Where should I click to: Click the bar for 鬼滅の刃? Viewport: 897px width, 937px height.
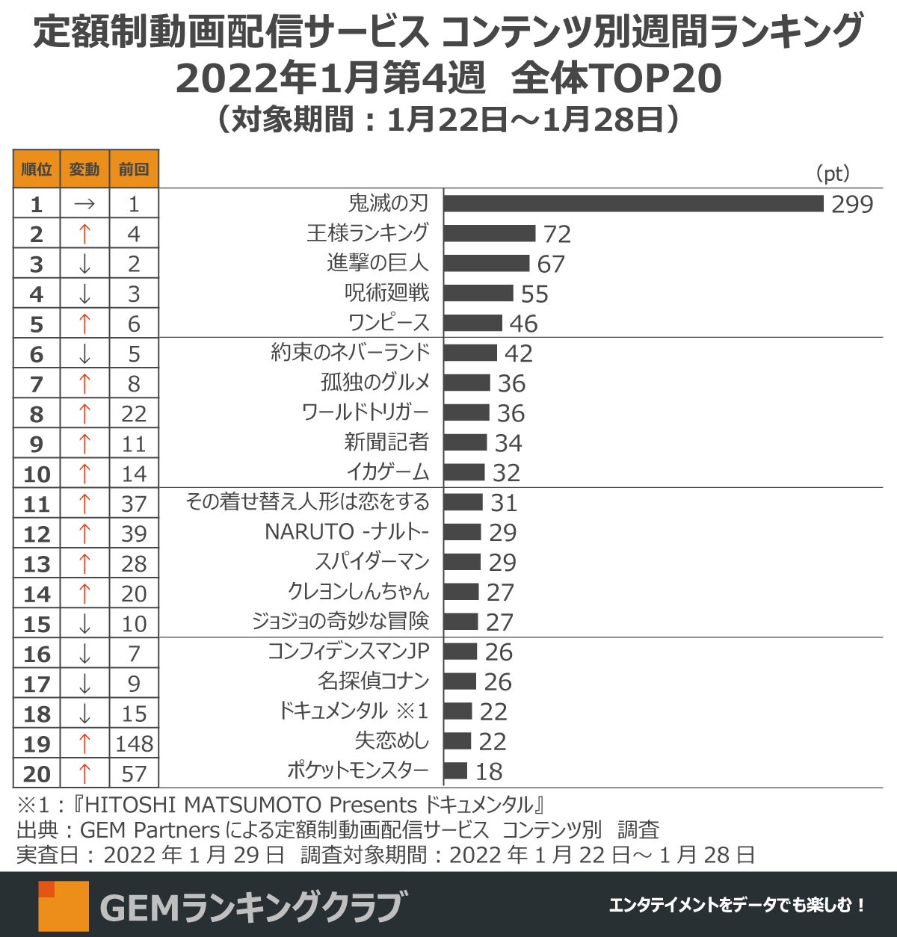(x=633, y=203)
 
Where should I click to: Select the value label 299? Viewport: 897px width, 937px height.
(x=852, y=204)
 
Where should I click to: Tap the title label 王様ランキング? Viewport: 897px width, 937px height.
(x=368, y=233)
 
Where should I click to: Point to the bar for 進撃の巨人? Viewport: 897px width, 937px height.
(x=487, y=263)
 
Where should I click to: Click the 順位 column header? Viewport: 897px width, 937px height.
(x=36, y=169)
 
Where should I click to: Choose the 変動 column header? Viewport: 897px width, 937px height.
(x=84, y=169)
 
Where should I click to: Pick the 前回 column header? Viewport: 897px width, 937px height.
(x=134, y=169)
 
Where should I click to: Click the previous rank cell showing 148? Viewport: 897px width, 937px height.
(x=134, y=743)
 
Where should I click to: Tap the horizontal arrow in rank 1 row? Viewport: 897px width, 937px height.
(x=84, y=204)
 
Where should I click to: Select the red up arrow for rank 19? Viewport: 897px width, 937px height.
(x=84, y=743)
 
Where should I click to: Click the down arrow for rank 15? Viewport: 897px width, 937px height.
(x=84, y=623)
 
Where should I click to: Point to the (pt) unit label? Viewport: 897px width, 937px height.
(x=832, y=173)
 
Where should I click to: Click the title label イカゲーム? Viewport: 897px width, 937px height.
(x=387, y=472)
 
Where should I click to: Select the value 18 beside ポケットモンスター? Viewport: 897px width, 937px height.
(x=489, y=771)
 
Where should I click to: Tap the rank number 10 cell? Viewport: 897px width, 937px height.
(x=36, y=474)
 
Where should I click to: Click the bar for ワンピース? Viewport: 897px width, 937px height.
(x=473, y=323)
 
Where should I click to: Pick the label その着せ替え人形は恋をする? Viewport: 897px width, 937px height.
(x=307, y=502)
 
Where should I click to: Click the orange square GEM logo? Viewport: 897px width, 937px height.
(x=64, y=906)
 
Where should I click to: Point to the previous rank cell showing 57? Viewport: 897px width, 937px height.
(x=134, y=773)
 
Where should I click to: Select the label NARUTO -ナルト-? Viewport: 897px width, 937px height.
(x=347, y=532)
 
